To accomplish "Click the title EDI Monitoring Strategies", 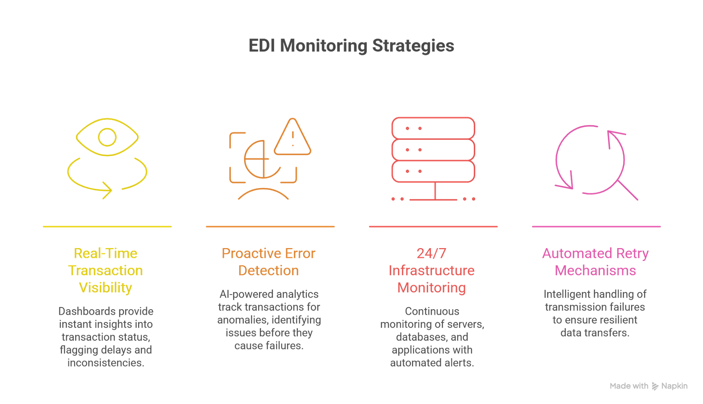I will pyautogui.click(x=351, y=46).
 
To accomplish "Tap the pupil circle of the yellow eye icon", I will pyautogui.click(x=107, y=137).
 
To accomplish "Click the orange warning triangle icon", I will pyautogui.click(x=293, y=138).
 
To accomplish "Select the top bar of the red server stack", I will pyautogui.click(x=433, y=128).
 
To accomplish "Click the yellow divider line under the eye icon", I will pyautogui.click(x=107, y=227).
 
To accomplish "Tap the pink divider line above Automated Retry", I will pyautogui.click(x=596, y=227).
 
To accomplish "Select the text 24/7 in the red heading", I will pyautogui.click(x=431, y=253).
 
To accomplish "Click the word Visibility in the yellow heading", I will pyautogui.click(x=106, y=288).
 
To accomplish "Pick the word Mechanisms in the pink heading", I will pyautogui.click(x=595, y=270).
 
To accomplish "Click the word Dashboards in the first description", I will pyautogui.click(x=81, y=311).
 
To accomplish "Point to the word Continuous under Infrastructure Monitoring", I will pyautogui.click(x=432, y=311).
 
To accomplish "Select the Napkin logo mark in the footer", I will pyautogui.click(x=655, y=386).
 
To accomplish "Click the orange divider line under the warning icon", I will pyautogui.click(x=270, y=227).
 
